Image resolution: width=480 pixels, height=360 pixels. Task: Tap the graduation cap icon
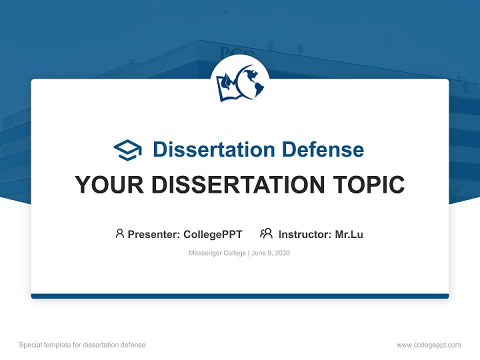coord(127,150)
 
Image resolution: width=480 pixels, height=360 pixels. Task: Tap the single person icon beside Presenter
coord(119,233)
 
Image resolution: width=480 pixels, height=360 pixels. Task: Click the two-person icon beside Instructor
coord(266,233)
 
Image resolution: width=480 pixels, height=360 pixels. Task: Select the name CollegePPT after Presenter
coord(212,234)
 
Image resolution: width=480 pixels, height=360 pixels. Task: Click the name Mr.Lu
coord(349,234)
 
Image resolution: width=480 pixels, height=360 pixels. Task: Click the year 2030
coord(281,253)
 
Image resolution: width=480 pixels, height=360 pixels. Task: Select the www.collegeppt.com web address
coord(428,345)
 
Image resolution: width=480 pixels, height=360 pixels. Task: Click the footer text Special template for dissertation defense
coord(82,345)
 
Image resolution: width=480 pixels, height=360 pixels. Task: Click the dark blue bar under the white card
coord(240,296)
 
